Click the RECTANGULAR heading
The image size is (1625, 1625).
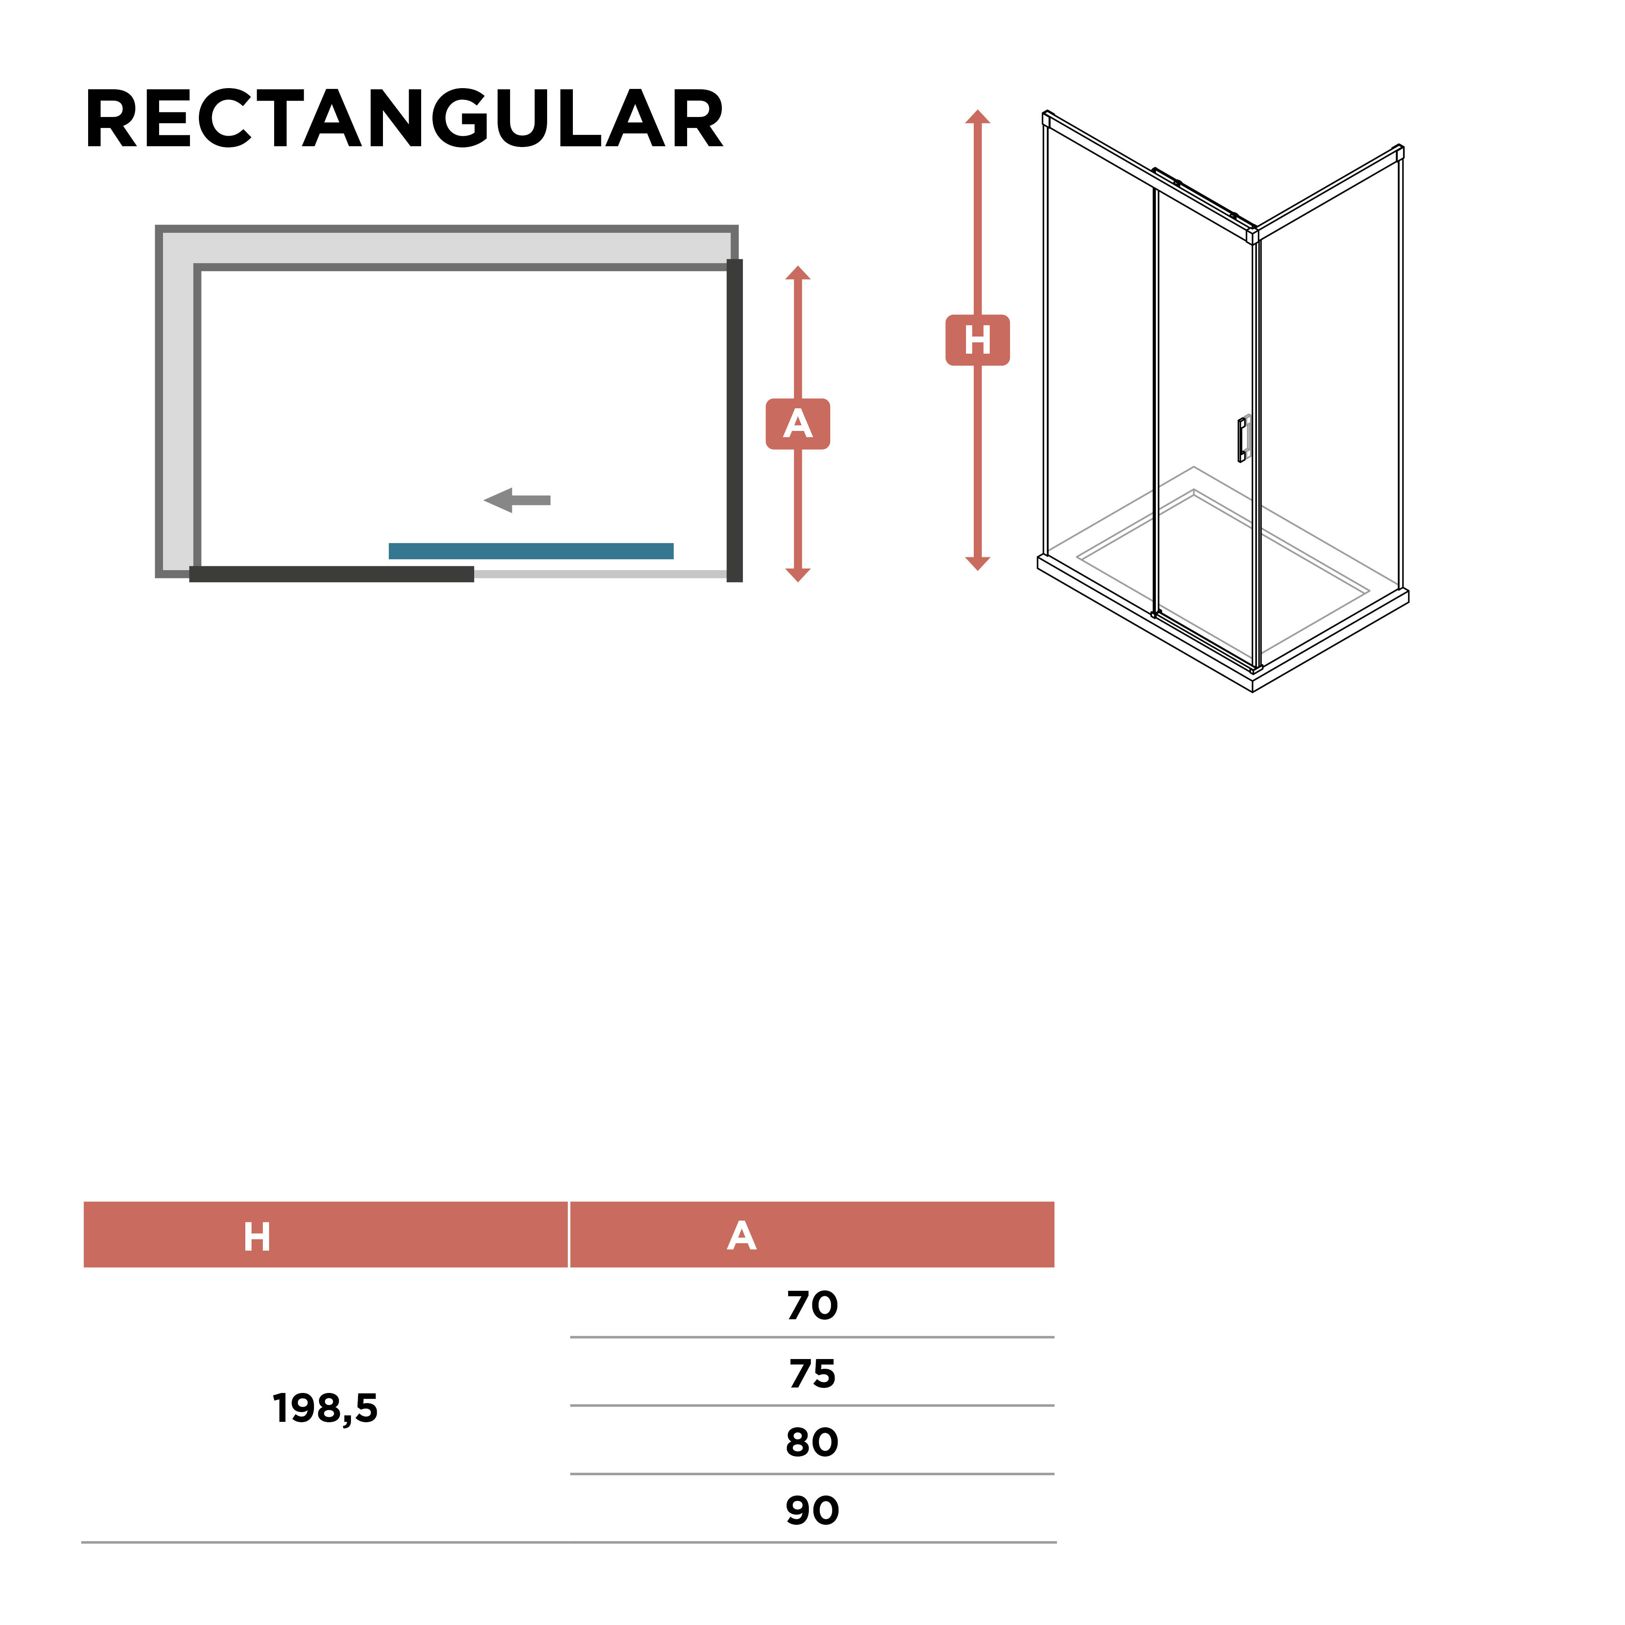[x=404, y=119]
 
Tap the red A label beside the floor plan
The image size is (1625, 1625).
[x=797, y=424]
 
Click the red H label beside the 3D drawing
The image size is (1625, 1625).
[x=977, y=340]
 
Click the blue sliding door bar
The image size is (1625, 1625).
[x=531, y=551]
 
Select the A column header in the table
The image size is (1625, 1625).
[x=742, y=1235]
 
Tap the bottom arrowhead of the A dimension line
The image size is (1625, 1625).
[x=797, y=575]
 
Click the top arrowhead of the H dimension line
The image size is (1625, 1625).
[x=977, y=116]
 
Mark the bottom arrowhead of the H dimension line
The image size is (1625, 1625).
[x=977, y=564]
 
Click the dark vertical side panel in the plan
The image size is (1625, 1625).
[x=734, y=420]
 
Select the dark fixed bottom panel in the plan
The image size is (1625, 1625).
[x=331, y=574]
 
